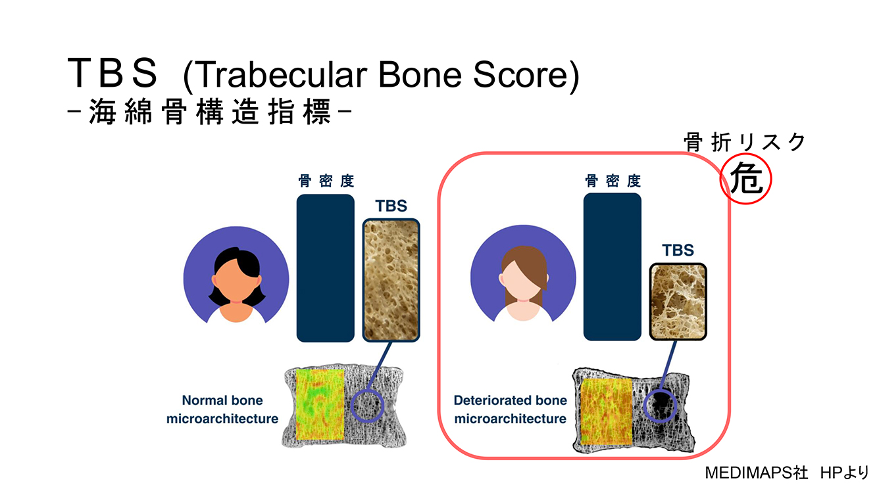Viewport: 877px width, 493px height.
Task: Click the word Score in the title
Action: click(520, 74)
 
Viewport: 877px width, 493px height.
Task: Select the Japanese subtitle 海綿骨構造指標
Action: click(210, 112)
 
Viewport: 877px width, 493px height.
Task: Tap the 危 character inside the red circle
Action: click(746, 179)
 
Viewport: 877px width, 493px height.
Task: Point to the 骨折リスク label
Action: click(745, 141)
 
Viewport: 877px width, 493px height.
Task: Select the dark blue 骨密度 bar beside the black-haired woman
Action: click(326, 268)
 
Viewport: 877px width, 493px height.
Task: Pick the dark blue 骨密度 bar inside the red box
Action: click(613, 267)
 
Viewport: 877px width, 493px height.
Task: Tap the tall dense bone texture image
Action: click(391, 280)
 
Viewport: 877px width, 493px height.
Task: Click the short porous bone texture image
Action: click(678, 301)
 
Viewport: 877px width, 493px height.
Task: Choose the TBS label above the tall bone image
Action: click(391, 206)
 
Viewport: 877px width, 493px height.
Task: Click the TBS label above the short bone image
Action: click(678, 250)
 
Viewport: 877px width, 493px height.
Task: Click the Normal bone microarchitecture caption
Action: click(222, 410)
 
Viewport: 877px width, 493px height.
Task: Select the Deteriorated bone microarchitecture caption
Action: click(510, 410)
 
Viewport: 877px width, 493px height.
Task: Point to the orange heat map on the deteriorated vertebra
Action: click(607, 411)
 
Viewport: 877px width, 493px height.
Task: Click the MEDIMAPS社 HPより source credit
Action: click(787, 473)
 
